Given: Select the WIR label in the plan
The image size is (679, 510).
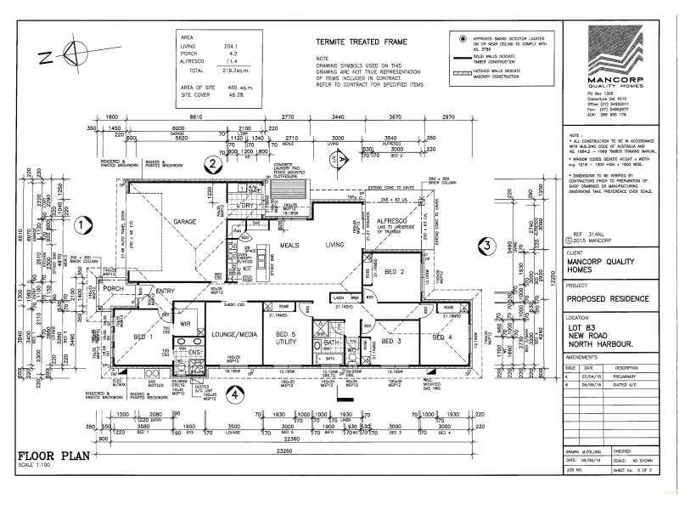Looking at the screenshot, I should pyautogui.click(x=184, y=323).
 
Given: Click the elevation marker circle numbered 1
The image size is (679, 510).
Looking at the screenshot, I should pyautogui.click(x=81, y=225).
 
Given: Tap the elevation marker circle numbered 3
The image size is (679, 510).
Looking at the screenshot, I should pyautogui.click(x=485, y=246).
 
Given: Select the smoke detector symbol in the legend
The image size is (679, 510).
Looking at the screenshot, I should pyautogui.click(x=463, y=40).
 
